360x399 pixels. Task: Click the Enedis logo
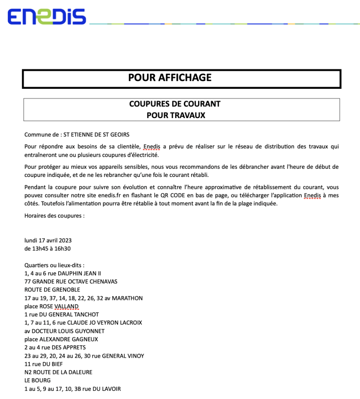point(46,17)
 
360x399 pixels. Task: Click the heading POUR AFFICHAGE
point(170,78)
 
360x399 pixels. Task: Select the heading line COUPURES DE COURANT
point(175,104)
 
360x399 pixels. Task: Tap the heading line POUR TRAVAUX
point(176,115)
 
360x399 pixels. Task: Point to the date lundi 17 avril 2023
point(48,240)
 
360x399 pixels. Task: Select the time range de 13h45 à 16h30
point(47,249)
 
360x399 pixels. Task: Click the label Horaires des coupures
point(54,215)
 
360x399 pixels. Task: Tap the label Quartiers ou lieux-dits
point(54,265)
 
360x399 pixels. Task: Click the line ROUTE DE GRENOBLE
point(52,290)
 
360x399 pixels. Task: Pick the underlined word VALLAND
point(66,307)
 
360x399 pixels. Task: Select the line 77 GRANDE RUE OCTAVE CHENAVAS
point(71,282)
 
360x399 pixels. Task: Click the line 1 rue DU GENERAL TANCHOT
point(62,314)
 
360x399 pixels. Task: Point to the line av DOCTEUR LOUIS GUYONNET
point(64,331)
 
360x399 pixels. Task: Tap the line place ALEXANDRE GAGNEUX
point(61,339)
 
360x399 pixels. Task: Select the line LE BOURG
point(37,380)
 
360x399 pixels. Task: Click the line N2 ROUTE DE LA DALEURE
point(58,372)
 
